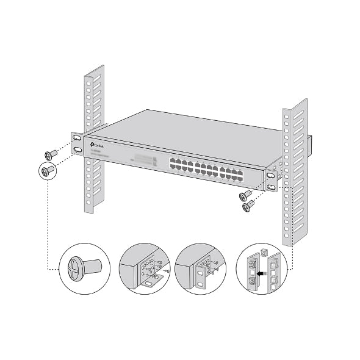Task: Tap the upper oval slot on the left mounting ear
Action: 77,138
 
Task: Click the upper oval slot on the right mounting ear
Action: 270,176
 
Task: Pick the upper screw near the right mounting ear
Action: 246,196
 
